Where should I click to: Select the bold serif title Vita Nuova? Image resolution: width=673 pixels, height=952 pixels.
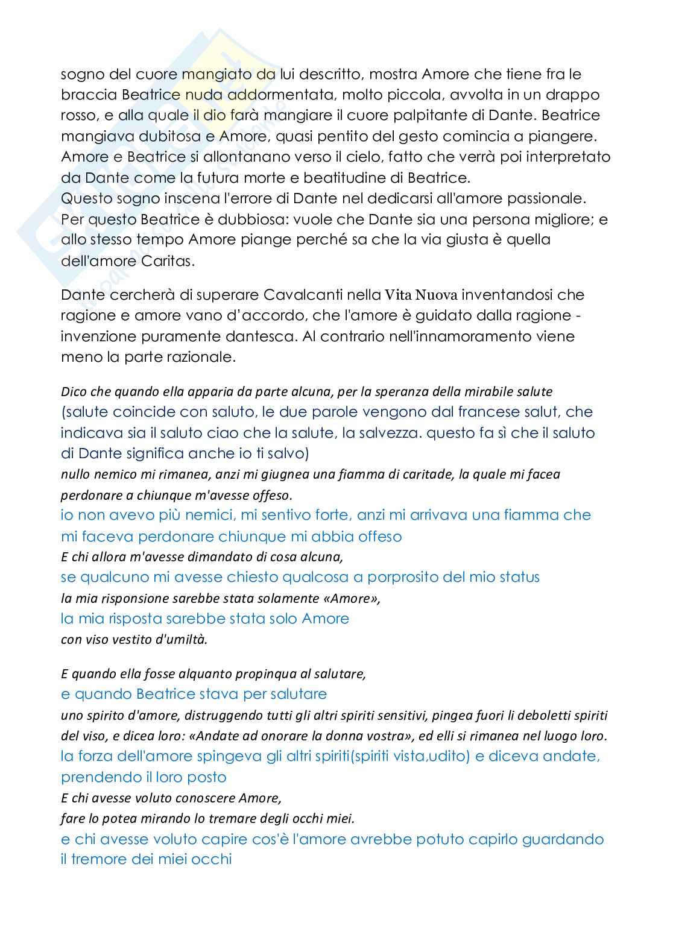tap(422, 295)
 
